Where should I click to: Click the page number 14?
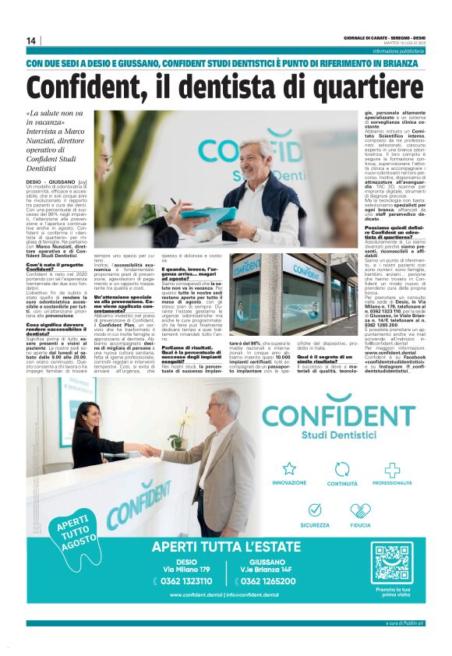(x=31, y=41)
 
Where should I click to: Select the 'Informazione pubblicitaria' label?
(x=398, y=51)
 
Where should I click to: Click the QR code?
(x=391, y=563)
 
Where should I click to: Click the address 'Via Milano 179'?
(x=186, y=570)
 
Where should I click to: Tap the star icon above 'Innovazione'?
(x=289, y=469)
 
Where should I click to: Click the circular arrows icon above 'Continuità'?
(x=341, y=469)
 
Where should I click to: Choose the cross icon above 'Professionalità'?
(x=392, y=470)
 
